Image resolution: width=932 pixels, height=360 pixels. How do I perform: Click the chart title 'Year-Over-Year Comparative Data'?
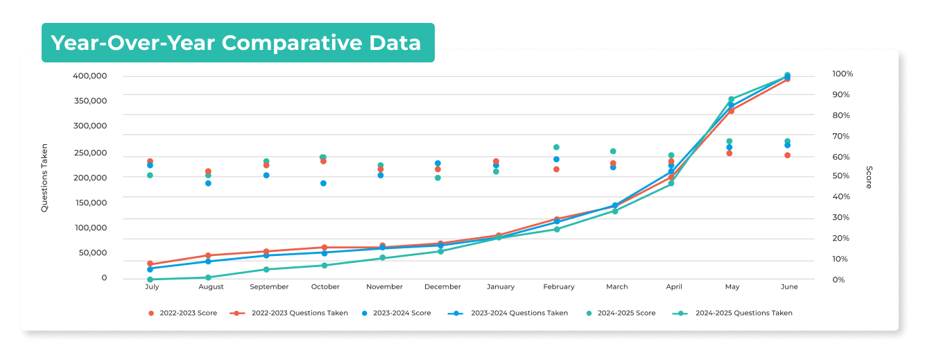click(x=236, y=43)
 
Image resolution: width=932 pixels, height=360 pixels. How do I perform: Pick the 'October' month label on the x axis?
click(x=325, y=286)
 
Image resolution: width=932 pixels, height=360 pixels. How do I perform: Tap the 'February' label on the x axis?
click(x=558, y=286)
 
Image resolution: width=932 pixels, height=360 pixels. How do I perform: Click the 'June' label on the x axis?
click(x=788, y=286)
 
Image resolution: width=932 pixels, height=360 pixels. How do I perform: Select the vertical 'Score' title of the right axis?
click(x=869, y=177)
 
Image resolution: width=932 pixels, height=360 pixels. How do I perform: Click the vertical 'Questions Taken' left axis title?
click(x=45, y=178)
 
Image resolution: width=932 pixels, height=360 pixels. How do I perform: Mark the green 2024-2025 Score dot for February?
click(x=556, y=147)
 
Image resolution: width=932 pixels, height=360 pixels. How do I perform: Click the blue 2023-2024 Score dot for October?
click(x=323, y=183)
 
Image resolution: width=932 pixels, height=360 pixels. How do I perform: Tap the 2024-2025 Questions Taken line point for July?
click(x=150, y=279)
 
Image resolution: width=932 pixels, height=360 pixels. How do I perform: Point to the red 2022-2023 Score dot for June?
click(x=787, y=155)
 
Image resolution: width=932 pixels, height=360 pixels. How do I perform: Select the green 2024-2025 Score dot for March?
click(x=613, y=151)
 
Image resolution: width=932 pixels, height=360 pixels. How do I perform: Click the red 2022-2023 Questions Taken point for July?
click(x=150, y=264)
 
